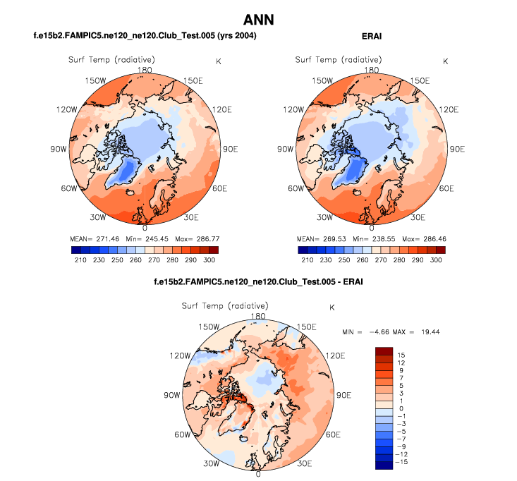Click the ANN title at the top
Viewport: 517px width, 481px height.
[x=257, y=19]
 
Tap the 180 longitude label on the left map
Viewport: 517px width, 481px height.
[x=146, y=69]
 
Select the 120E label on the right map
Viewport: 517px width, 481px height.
[x=449, y=110]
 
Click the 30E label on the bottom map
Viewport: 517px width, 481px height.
[x=305, y=463]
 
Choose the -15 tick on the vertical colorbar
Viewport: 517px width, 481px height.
[x=401, y=463]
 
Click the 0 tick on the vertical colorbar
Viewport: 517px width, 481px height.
[x=401, y=408]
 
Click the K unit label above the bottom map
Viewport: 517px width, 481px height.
[x=332, y=308]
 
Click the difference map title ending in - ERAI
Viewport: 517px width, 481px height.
[x=258, y=282]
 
